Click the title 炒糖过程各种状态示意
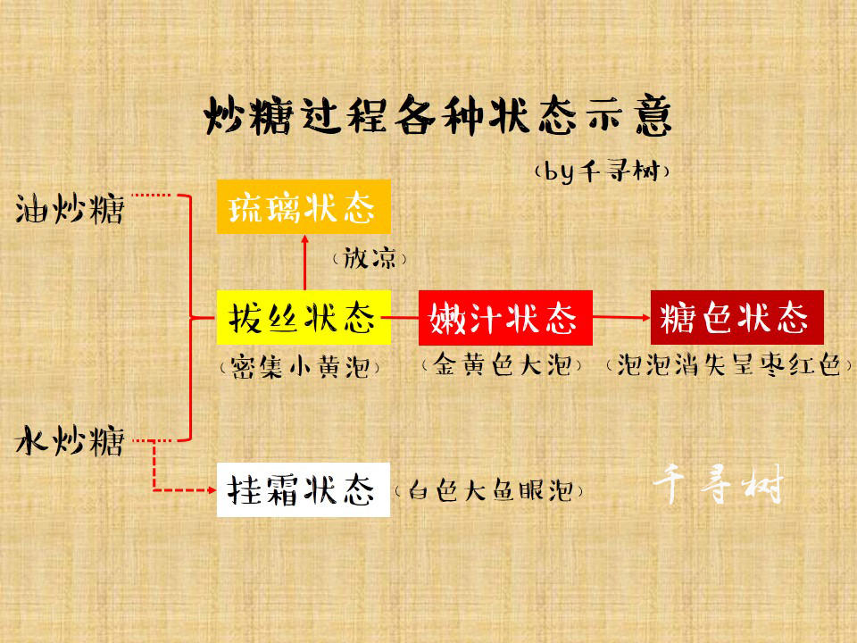[x=437, y=115]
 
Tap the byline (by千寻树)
[x=602, y=171]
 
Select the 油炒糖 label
[x=70, y=208]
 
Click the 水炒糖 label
[x=70, y=440]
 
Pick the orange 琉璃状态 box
[x=304, y=206]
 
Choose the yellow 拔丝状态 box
[x=304, y=318]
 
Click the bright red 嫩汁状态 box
[x=505, y=318]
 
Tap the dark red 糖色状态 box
[x=736, y=318]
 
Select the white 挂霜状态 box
[x=304, y=490]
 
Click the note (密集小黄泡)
[x=300, y=367]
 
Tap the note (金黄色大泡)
[x=502, y=364]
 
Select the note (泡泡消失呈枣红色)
[x=729, y=364]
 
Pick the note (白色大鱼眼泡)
[x=488, y=490]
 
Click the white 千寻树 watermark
[x=718, y=484]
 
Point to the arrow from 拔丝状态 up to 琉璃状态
[x=305, y=262]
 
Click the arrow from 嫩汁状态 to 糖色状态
[x=621, y=317]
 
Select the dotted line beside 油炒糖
[x=152, y=195]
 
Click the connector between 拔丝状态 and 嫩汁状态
[x=405, y=317]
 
